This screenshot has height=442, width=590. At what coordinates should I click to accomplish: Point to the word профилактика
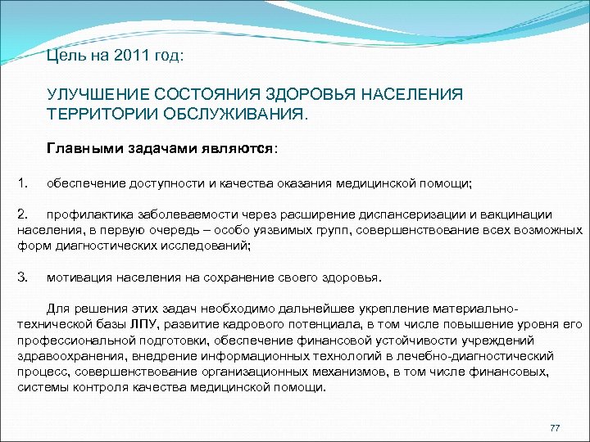84,214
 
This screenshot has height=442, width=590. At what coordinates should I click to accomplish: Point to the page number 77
555,428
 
